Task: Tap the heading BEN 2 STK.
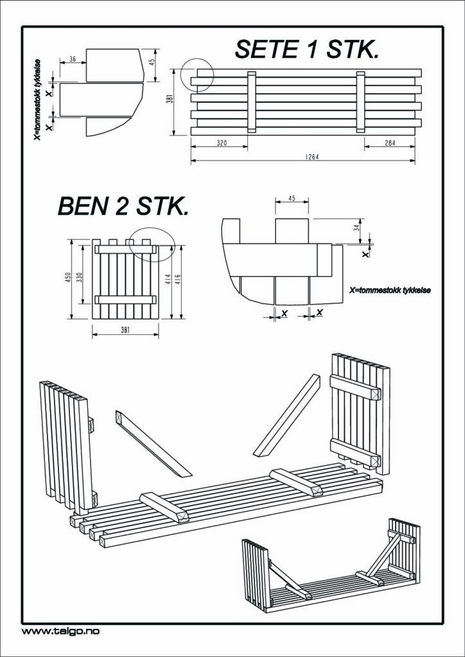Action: point(123,207)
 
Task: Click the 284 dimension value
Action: point(390,143)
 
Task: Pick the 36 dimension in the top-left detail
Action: point(73,59)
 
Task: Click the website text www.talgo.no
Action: point(60,631)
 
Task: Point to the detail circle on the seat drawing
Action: point(197,75)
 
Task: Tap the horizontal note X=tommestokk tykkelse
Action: point(390,291)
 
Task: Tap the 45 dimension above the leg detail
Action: point(292,199)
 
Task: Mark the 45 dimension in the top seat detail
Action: point(152,62)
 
